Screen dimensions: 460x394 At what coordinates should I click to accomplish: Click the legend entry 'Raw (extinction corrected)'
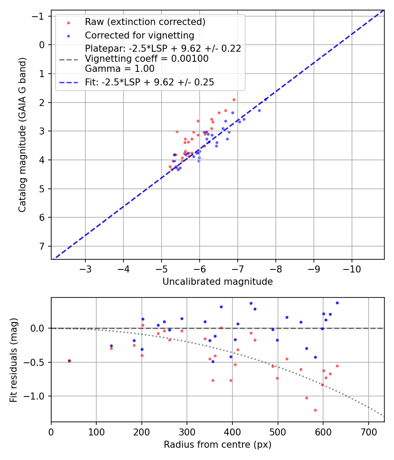point(145,22)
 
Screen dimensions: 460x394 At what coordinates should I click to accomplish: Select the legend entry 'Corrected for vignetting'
point(139,35)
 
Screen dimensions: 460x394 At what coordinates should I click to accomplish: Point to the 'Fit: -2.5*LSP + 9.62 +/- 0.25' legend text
point(149,82)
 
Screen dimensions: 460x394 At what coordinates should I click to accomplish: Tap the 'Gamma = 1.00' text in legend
point(120,68)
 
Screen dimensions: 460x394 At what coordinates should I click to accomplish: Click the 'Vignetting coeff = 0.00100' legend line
point(147,59)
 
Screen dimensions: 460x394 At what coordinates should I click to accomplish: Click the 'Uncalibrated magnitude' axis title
point(218,282)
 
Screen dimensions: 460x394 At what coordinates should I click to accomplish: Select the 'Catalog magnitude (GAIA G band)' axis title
point(22,135)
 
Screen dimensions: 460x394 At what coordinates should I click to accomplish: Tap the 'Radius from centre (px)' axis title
point(218,445)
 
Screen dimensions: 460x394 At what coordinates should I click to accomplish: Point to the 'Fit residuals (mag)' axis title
point(14,360)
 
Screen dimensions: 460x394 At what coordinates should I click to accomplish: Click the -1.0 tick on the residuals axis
point(37,396)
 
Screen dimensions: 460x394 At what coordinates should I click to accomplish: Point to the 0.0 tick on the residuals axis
point(39,328)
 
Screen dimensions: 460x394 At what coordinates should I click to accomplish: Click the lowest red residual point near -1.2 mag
point(315,410)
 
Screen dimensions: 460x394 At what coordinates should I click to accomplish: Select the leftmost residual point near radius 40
point(69,361)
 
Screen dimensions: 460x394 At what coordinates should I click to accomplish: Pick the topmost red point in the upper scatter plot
point(234,99)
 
